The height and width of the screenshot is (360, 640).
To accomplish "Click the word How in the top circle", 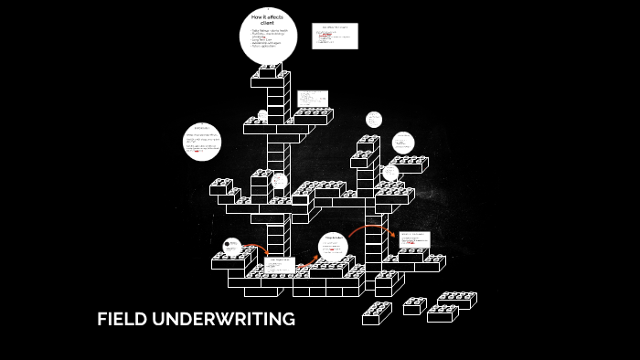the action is (258, 17).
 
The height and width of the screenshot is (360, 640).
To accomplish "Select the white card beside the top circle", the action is (334, 36).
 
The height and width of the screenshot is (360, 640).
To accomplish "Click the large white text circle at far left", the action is (203, 142).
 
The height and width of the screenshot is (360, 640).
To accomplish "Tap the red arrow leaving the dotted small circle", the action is (256, 248).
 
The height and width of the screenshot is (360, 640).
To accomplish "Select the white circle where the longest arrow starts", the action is (334, 245).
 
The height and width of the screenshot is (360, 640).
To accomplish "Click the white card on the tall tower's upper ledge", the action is (312, 99).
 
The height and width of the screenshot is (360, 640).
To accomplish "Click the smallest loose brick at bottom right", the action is (414, 305).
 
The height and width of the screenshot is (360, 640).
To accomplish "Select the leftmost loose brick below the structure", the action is (377, 312).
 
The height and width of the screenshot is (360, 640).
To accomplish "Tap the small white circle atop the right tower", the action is (373, 120).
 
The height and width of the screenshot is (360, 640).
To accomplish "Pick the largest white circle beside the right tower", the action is (403, 143).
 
